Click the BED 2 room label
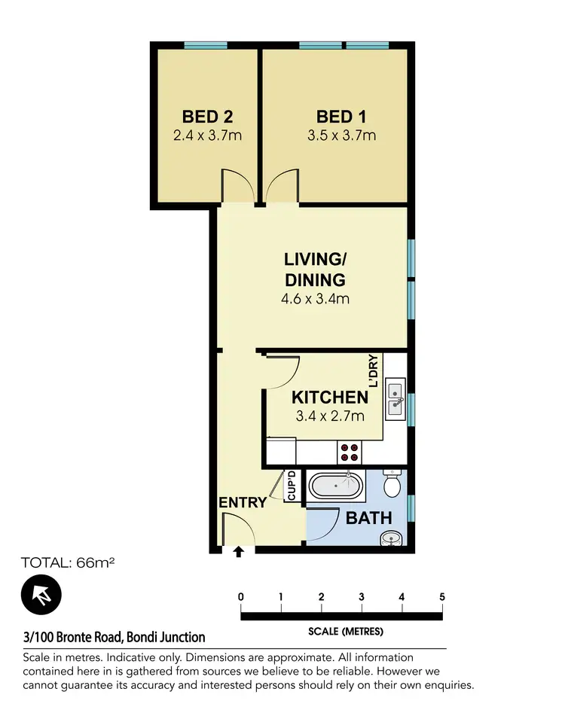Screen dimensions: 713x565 (207, 117)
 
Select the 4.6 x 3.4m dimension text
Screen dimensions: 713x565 (315, 299)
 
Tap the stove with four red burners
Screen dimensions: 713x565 (350, 451)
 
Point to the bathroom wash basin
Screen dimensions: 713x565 (392, 539)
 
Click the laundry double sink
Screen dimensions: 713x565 (395, 401)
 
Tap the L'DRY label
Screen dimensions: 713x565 (372, 370)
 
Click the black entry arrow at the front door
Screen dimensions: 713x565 (239, 552)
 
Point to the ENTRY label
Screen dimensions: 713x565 (243, 502)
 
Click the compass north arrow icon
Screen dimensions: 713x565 (41, 594)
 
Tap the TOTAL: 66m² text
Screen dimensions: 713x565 (67, 562)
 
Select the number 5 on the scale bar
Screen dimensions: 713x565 (441, 597)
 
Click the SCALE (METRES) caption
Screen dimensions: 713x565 (346, 631)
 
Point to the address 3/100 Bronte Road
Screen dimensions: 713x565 (114, 637)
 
